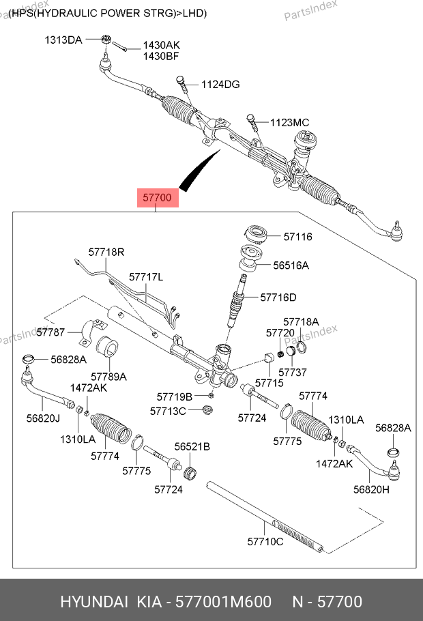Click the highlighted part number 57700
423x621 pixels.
pos(158,199)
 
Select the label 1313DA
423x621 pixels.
pos(63,40)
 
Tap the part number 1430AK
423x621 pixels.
pos(161,46)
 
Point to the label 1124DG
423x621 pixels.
pos(220,85)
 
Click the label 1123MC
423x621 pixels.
pos(289,122)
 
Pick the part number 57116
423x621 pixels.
pos(297,237)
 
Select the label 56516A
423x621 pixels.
pos(291,265)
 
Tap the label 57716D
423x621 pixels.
pos(278,297)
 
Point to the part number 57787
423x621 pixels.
pos(50,332)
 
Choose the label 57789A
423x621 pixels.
pos(109,376)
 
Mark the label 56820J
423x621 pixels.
pos(44,418)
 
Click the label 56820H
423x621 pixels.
pos(371,489)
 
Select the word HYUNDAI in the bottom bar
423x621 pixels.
pos(94,601)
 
